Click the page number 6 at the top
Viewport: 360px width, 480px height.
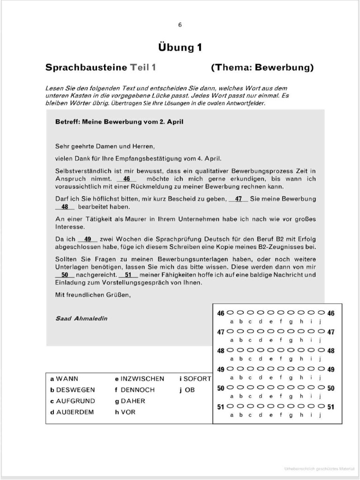[x=180, y=25]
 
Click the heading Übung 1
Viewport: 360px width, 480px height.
[x=180, y=47]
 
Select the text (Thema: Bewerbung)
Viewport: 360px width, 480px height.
[x=262, y=67]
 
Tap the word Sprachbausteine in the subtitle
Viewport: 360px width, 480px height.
[x=86, y=67]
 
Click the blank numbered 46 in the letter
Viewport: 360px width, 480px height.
[x=127, y=179]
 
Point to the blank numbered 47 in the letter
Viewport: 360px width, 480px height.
[x=239, y=199]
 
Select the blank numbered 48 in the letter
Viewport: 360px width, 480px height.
[x=65, y=206]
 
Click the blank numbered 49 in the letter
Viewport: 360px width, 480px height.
[x=88, y=239]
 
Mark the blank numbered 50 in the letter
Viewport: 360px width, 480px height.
[x=65, y=275]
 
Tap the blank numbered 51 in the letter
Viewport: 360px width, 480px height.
[x=128, y=275]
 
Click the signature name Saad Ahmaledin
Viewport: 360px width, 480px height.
[x=81, y=318]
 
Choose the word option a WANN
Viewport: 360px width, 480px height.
[x=65, y=379]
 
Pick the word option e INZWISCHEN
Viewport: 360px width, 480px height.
[x=140, y=379]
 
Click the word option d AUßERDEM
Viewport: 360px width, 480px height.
[x=72, y=412]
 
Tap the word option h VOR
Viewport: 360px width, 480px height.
[x=125, y=412]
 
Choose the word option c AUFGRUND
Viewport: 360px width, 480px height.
[x=73, y=401]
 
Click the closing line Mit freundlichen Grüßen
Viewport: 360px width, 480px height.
[x=93, y=295]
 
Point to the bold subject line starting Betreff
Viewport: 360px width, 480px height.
[x=119, y=122]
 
